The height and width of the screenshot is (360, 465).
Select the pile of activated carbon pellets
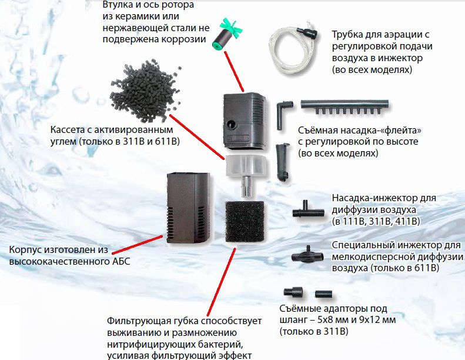tap(145, 91)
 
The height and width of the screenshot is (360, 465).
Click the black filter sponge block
tap(245, 221)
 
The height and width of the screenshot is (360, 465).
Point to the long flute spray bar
tap(344, 107)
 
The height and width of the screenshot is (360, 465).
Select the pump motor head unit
tap(245, 121)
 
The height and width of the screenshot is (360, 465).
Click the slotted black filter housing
tap(189, 208)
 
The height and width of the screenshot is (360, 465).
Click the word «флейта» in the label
tap(403, 130)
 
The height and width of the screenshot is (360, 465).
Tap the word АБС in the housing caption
tap(121, 262)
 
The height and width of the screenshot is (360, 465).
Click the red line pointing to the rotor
tap(234, 71)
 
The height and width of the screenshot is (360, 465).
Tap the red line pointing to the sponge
tap(221, 282)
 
